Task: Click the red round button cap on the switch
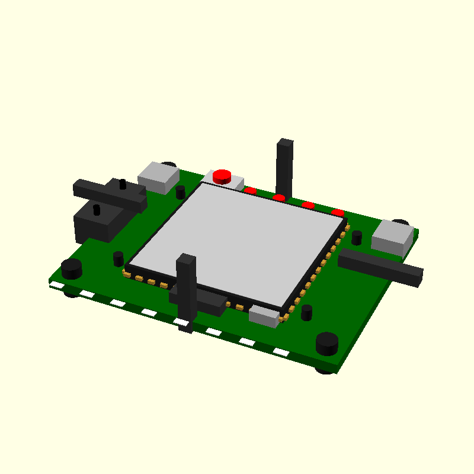pos(222,175)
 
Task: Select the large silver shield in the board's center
pos(237,243)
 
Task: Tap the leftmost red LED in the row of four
pos(251,191)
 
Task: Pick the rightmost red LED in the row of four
pos(338,213)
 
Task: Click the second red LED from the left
pos(279,198)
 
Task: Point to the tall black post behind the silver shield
pos(284,169)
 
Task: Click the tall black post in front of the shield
pos(186,290)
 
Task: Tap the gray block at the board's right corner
pos(392,238)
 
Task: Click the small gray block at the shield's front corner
pos(264,316)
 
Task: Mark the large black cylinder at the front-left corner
pos(72,269)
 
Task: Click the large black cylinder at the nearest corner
pos(326,344)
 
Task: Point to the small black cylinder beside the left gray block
pos(181,192)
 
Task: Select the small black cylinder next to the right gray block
pos(357,238)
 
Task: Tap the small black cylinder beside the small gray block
pos(306,312)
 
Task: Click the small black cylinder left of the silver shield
pos(118,259)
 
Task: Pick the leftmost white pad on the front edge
pos(57,286)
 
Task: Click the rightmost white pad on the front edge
pos(281,353)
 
